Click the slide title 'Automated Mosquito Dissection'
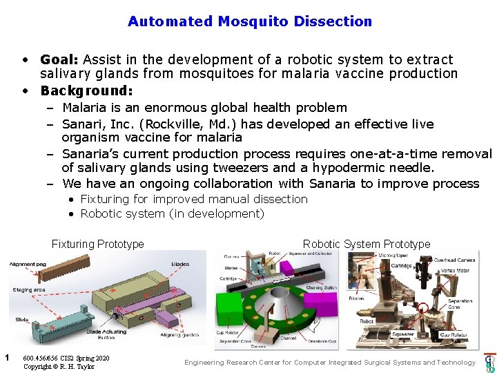pyautogui.click(x=249, y=21)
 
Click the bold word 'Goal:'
pyautogui.click(x=63, y=60)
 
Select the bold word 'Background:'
pyautogui.click(x=86, y=90)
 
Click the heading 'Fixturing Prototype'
pyautogui.click(x=97, y=244)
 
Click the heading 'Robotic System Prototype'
pyautogui.click(x=366, y=244)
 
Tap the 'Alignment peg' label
pyautogui.click(x=28, y=263)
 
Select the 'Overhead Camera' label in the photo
pyautogui.click(x=454, y=260)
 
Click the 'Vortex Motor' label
pyautogui.click(x=453, y=271)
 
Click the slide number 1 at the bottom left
pyautogui.click(x=6, y=357)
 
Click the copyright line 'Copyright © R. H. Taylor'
pyautogui.click(x=59, y=366)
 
